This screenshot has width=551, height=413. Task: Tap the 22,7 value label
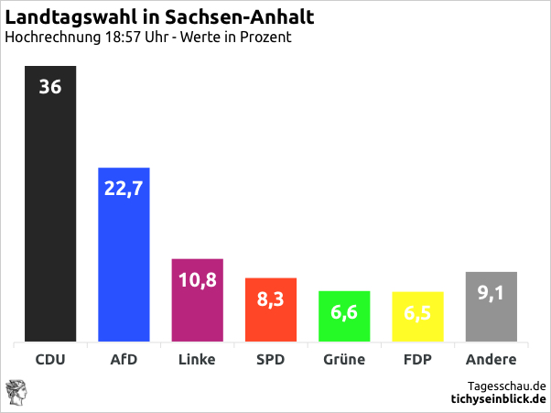(x=124, y=189)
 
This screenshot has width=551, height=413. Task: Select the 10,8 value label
(x=198, y=280)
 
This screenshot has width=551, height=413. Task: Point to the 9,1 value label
(x=492, y=293)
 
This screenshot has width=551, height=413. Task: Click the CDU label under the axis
(x=50, y=360)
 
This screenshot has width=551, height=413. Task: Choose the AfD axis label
(x=124, y=360)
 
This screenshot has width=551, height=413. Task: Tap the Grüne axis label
(x=344, y=360)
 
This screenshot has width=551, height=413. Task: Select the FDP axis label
(x=417, y=360)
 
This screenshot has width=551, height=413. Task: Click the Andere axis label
(x=492, y=360)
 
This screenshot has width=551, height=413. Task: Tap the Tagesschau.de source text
(x=506, y=386)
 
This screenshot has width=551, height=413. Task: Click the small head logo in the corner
(x=16, y=391)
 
